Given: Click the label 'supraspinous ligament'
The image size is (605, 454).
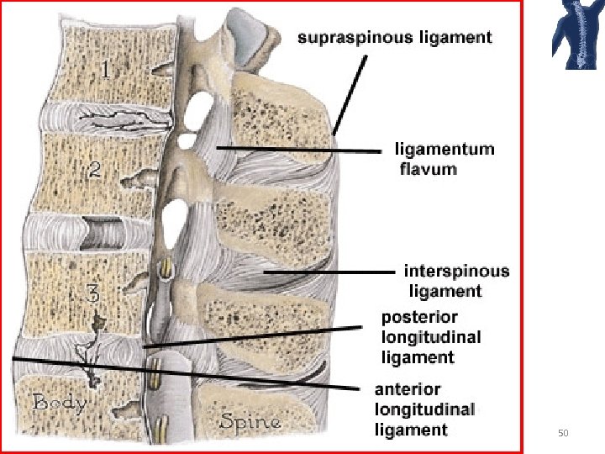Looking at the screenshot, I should (x=393, y=38).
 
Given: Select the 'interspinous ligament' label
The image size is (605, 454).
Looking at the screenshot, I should (x=455, y=281).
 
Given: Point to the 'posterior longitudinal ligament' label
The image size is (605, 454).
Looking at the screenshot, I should (x=431, y=337).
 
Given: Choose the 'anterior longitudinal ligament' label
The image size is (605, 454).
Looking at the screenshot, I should (x=424, y=409).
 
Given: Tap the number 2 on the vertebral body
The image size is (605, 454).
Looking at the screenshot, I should (x=96, y=171).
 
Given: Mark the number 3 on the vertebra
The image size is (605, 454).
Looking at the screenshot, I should (x=94, y=294).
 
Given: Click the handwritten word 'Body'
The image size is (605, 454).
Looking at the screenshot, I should (x=59, y=403).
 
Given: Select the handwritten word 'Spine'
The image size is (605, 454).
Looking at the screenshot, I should (x=250, y=421).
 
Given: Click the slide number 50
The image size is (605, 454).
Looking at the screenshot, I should (x=563, y=433).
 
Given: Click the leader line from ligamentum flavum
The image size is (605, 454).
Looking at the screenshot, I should (x=302, y=150).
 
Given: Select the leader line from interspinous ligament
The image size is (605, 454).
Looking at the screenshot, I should (x=328, y=272).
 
